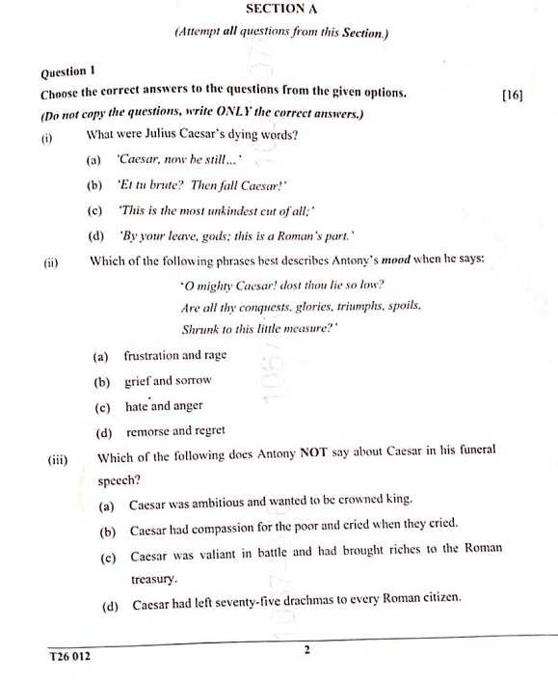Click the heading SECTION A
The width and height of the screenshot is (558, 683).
pyautogui.click(x=281, y=9)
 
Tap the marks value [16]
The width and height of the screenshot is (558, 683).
pyautogui.click(x=513, y=95)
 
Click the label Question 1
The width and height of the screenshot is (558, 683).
pyautogui.click(x=67, y=72)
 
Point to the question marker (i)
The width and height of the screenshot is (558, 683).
pyautogui.click(x=46, y=137)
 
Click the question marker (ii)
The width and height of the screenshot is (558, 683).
pyautogui.click(x=51, y=260)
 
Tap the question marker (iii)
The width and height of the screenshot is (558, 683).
pyautogui.click(x=59, y=459)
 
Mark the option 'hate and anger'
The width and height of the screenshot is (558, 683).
pyautogui.click(x=164, y=406)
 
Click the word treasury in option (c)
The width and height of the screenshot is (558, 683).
pyautogui.click(x=154, y=580)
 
